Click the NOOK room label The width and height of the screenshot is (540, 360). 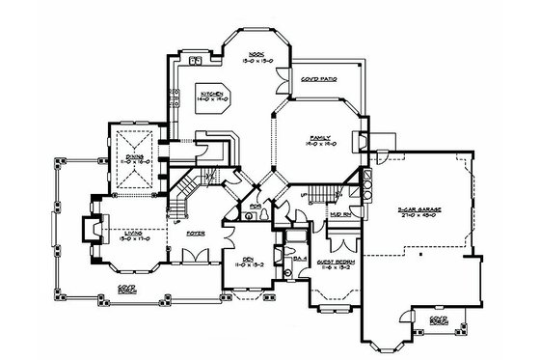coord(256,54)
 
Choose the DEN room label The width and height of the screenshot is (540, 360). coord(244,258)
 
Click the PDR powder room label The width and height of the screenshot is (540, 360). coord(256,206)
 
